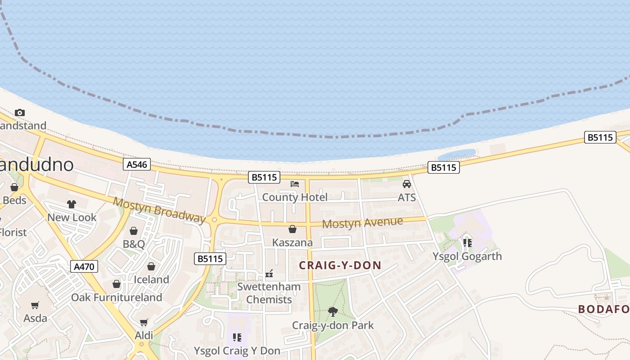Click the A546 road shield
[x=137, y=165]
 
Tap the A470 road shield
[x=84, y=267]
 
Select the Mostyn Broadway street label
[x=159, y=210]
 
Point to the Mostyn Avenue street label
[x=362, y=222]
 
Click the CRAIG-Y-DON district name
[x=340, y=265]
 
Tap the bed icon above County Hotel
[x=295, y=184]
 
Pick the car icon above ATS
[x=407, y=184]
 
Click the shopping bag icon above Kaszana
[x=292, y=229]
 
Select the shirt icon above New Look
[x=72, y=204]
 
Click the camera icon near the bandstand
[x=19, y=112]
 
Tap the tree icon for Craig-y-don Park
[x=333, y=311]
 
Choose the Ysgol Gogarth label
[x=467, y=256]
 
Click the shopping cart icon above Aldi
[x=144, y=322]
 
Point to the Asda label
[x=35, y=318]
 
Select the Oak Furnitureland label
[x=117, y=297]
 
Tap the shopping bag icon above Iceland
[x=151, y=266]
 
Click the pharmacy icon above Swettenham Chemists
[x=269, y=274]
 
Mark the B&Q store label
[x=134, y=244]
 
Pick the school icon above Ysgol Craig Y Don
[x=237, y=337]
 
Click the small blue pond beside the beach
[x=456, y=154]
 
